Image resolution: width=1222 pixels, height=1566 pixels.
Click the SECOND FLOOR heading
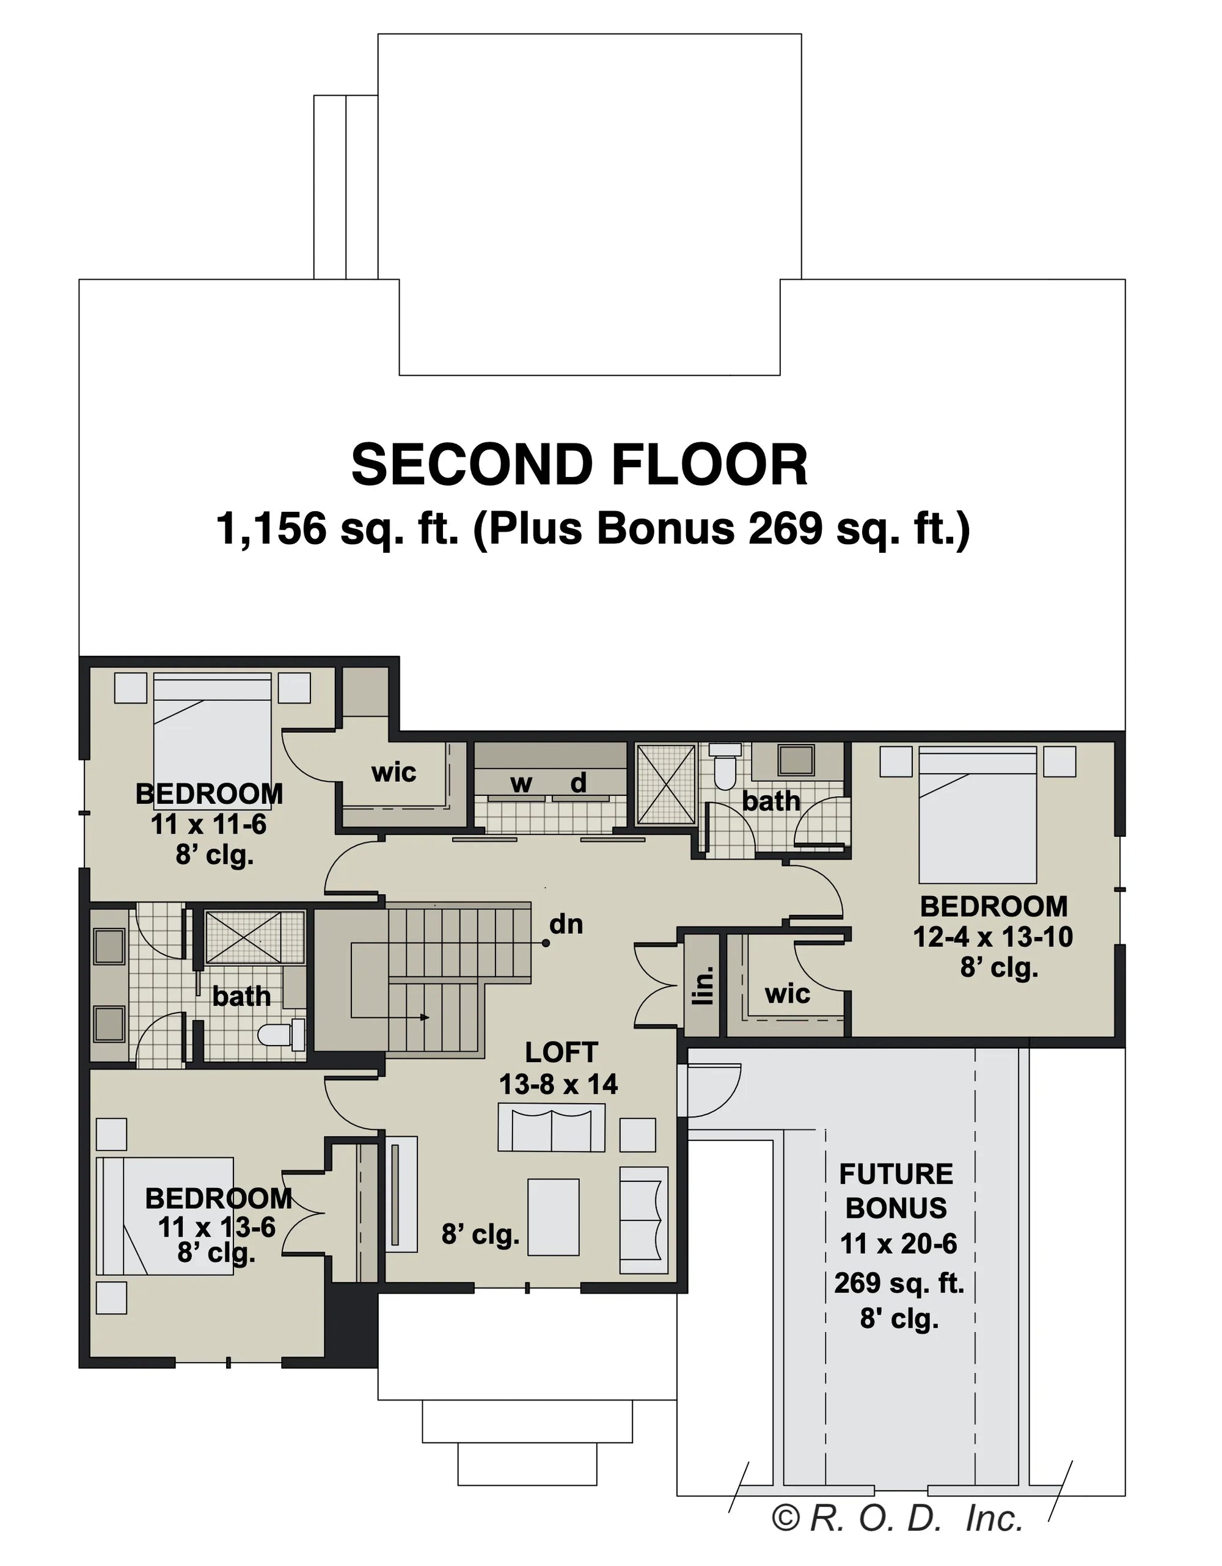coord(579,465)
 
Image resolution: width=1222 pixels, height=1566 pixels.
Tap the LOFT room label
coord(561,1052)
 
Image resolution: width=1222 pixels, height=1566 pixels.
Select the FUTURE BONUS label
coord(896,1191)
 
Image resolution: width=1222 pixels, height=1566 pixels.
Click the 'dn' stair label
coord(566,924)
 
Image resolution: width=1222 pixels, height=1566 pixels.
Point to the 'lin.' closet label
coord(704,985)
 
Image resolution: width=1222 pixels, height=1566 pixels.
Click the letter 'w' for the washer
coord(521,784)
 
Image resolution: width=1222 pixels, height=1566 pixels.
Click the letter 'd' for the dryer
coord(578,783)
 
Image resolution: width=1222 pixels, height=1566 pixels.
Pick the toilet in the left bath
coord(281,1035)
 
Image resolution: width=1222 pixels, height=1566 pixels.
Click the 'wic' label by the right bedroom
coord(787,994)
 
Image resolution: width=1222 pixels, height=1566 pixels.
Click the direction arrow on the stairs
coord(425,1017)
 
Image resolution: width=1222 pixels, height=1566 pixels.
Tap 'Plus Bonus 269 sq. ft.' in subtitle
coord(722,529)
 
